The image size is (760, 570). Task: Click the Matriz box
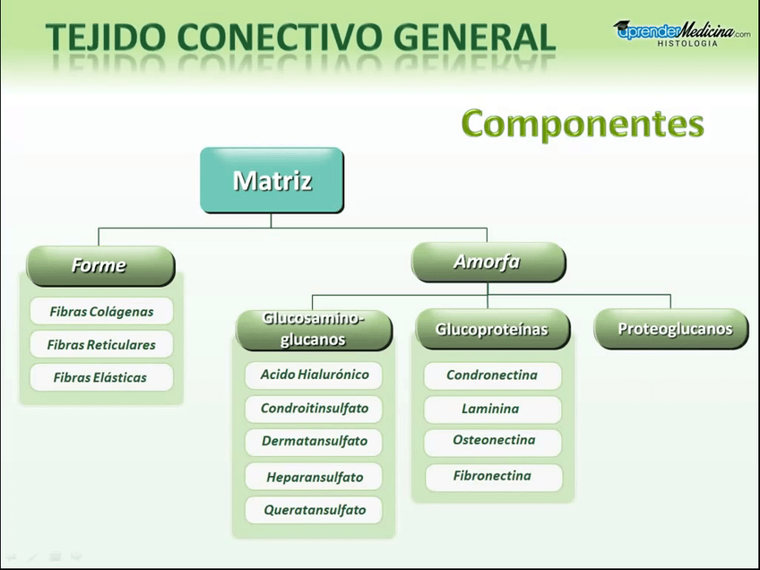272,180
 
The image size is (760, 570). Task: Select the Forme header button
99,265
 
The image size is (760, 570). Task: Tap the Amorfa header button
488,262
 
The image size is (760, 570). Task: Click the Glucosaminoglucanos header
313,329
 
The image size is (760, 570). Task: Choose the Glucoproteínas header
491,330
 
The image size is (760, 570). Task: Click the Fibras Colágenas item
100,312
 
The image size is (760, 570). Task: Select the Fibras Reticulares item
100,344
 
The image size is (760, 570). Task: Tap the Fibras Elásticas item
100,377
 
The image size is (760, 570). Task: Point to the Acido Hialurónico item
314,375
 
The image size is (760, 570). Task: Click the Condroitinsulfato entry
314,408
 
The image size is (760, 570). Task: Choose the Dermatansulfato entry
314,441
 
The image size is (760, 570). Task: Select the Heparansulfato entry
314,477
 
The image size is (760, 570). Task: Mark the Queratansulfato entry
314,510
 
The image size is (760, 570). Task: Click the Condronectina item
492,375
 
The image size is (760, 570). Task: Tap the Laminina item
492,409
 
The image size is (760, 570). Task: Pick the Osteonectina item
493,441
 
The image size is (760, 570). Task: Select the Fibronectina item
493,476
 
